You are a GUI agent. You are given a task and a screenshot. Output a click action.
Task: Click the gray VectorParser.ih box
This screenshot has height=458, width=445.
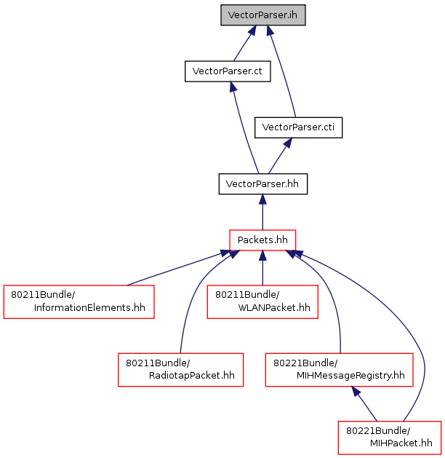262,15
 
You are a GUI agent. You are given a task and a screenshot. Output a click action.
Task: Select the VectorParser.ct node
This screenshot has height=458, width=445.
228,71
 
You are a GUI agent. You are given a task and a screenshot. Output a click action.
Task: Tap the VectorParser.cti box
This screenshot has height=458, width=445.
298,127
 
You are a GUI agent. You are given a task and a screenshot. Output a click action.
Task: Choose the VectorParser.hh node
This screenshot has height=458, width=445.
262,183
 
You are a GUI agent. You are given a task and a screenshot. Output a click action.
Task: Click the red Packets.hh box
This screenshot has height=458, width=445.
262,240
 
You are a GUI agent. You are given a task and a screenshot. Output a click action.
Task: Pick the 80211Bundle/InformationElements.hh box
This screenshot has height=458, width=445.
79,301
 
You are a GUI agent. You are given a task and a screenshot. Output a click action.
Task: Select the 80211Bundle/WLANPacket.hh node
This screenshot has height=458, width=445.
262,301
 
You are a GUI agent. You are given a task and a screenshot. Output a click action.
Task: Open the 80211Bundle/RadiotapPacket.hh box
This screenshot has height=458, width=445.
180,370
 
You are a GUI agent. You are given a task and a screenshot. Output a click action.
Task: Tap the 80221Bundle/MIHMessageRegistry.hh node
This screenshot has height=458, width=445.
339,370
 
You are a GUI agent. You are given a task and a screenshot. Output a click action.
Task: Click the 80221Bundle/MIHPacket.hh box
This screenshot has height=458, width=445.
390,438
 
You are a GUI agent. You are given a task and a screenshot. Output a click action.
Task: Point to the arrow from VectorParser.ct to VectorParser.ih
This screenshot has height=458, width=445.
245,43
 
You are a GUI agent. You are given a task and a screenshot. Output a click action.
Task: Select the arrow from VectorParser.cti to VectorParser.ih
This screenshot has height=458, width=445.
281,71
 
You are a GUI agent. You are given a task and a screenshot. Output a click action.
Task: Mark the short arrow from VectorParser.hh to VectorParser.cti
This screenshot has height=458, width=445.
280,156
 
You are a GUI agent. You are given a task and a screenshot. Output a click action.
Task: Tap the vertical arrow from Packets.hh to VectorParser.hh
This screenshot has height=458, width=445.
262,212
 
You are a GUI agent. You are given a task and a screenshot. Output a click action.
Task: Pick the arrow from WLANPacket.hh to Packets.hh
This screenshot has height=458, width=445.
262,268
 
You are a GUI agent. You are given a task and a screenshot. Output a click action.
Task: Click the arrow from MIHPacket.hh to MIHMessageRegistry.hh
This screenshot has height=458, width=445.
364,403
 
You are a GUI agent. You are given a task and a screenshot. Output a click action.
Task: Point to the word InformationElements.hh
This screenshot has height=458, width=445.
89,307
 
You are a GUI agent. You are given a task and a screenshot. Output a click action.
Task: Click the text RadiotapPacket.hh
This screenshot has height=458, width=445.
191,375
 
